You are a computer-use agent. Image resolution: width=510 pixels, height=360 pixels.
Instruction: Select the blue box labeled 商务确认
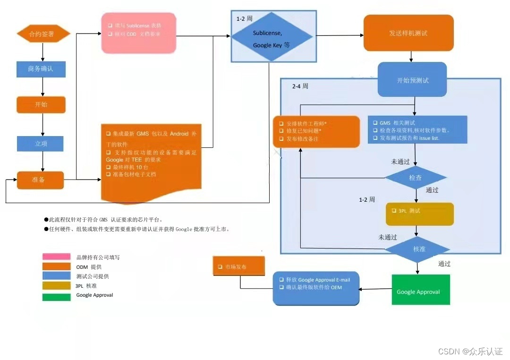41,69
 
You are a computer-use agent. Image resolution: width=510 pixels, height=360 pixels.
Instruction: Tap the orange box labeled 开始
41,104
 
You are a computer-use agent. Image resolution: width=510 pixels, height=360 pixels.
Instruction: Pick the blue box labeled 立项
40,144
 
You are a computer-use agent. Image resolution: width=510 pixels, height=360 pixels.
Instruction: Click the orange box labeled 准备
40,180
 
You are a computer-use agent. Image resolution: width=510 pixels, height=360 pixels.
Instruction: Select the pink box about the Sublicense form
139,33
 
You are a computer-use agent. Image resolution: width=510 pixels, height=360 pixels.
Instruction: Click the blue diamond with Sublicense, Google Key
271,37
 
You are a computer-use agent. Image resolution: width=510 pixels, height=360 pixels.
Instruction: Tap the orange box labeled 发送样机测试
408,33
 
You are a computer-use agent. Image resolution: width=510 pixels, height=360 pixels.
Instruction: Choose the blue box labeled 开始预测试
412,80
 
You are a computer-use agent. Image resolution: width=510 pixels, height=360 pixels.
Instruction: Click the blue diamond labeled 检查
416,178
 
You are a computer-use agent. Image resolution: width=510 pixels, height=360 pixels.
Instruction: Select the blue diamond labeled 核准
416,249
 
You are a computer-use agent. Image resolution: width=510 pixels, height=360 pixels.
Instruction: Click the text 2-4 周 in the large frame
300,86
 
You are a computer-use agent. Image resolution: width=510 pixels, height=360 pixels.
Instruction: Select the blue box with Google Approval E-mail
315,288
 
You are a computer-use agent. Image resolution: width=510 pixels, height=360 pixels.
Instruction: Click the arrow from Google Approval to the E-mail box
375,289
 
